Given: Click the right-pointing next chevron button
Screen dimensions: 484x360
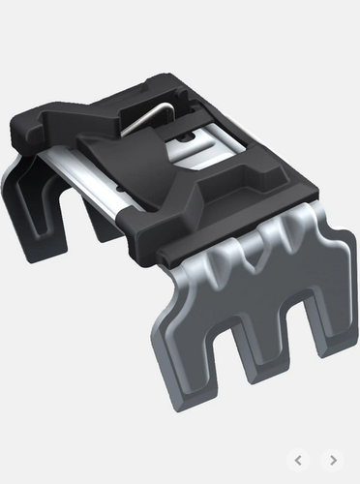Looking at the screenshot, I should pyautogui.click(x=332, y=460).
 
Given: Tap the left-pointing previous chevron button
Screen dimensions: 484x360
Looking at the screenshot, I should pyautogui.click(x=299, y=460).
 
